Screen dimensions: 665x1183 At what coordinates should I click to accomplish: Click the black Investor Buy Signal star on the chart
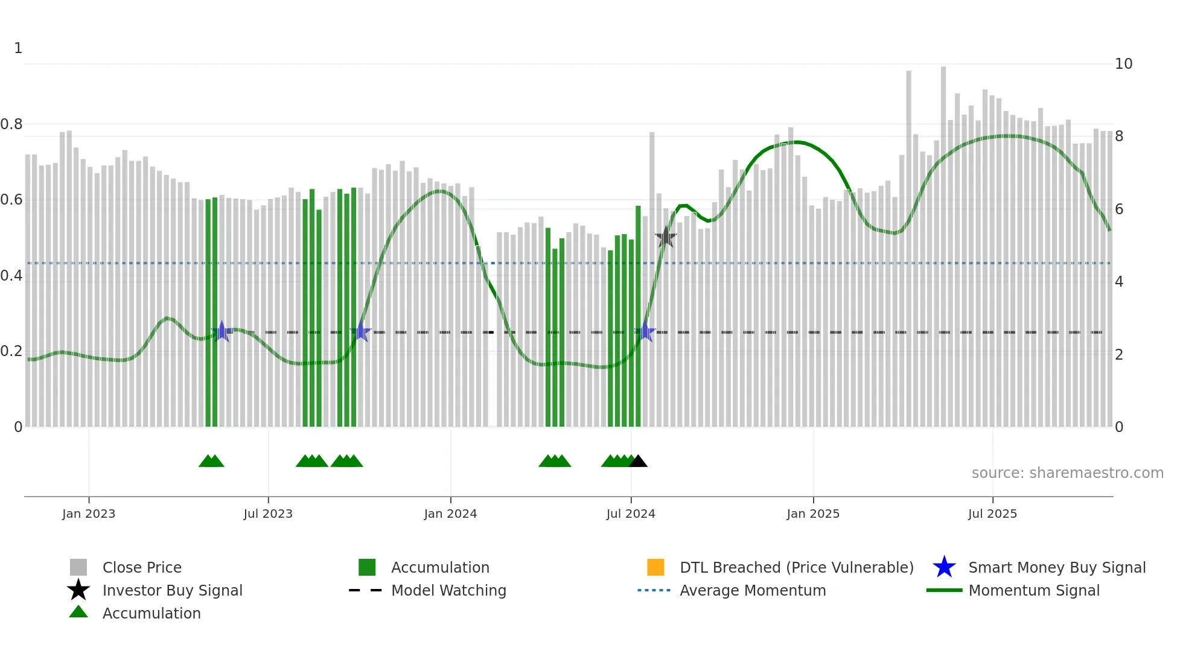(x=665, y=237)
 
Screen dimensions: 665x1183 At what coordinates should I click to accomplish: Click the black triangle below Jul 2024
(x=638, y=462)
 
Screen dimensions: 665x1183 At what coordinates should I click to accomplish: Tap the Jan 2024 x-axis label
(x=450, y=514)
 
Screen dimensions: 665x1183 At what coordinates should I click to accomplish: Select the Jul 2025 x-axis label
(x=992, y=514)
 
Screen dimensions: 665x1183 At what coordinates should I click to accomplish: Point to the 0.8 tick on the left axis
(x=11, y=124)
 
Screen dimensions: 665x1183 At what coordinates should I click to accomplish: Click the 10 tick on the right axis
(x=1123, y=64)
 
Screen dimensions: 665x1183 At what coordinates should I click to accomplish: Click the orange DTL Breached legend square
(x=655, y=567)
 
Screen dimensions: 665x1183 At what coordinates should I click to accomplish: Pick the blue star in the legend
(x=944, y=567)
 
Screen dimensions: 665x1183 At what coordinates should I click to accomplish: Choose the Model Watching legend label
(x=448, y=590)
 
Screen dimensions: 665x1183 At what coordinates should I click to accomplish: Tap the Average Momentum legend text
(x=753, y=590)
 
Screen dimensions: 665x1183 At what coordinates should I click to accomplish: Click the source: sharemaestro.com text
(x=1067, y=473)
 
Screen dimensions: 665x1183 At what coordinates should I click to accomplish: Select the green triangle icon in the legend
(x=78, y=612)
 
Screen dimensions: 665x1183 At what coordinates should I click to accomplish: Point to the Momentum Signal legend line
(x=944, y=590)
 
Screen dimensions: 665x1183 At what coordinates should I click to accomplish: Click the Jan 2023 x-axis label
(x=89, y=514)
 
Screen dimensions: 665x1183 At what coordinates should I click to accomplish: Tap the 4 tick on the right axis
(x=1119, y=282)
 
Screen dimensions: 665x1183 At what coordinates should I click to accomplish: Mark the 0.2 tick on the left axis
(x=11, y=351)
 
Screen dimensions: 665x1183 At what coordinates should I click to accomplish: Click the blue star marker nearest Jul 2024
(x=645, y=332)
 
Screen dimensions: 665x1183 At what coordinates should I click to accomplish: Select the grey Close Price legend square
(x=78, y=567)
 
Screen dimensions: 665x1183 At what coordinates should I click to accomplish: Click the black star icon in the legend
(x=78, y=590)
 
